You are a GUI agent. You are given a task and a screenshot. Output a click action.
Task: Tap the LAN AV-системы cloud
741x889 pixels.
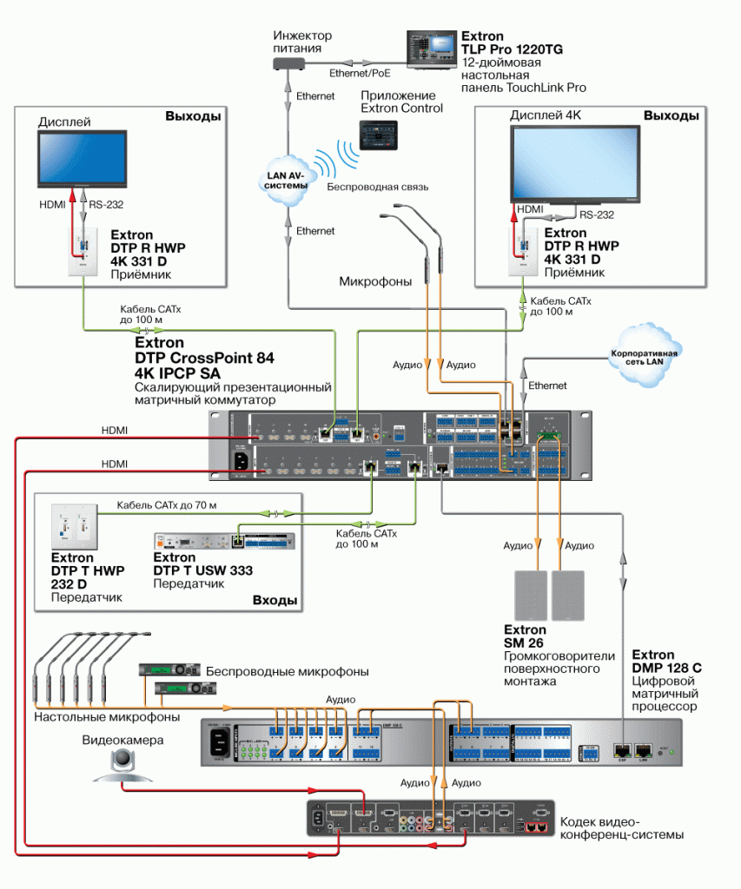[x=286, y=179]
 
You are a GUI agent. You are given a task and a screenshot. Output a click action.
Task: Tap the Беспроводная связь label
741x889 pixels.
[x=377, y=187]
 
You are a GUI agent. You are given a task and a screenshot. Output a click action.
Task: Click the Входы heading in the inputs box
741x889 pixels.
[x=275, y=600]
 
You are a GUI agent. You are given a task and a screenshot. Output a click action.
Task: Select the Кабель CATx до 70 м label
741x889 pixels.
[x=167, y=504]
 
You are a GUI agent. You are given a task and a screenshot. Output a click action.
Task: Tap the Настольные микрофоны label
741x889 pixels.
[x=107, y=717]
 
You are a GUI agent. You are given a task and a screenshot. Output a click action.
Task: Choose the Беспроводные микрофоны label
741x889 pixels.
[x=288, y=671]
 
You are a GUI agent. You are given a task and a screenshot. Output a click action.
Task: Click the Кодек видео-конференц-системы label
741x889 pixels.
[x=621, y=828]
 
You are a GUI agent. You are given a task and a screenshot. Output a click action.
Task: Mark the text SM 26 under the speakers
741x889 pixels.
[x=526, y=643]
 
